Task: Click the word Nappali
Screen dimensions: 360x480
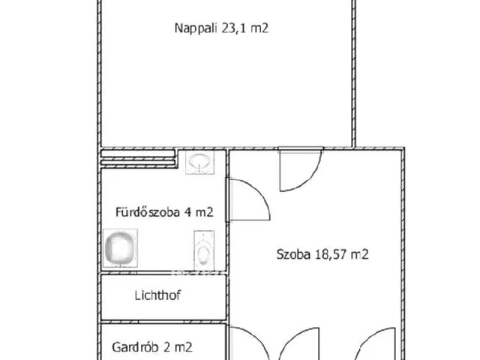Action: [196, 29]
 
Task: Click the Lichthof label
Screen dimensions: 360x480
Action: [158, 295]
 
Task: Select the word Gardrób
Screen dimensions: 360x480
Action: [134, 347]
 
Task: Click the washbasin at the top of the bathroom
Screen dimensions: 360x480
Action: [199, 162]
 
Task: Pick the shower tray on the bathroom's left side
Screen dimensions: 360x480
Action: [120, 247]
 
